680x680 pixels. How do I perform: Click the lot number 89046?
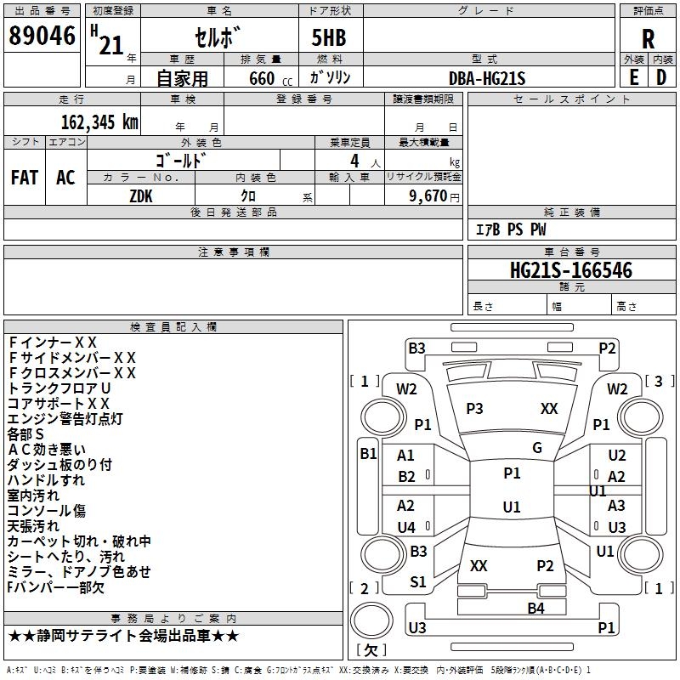pyautogui.click(x=42, y=36)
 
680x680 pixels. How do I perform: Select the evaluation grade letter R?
pyautogui.click(x=648, y=39)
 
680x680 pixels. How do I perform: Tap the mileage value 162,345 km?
pyautogui.click(x=99, y=122)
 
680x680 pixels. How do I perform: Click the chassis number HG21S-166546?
pyautogui.click(x=571, y=270)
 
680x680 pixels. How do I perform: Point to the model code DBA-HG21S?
pyautogui.click(x=487, y=78)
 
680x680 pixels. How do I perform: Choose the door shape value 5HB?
pyautogui.click(x=329, y=37)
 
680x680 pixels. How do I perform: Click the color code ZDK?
pyautogui.click(x=141, y=196)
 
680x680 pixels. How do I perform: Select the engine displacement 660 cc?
pyautogui.click(x=270, y=79)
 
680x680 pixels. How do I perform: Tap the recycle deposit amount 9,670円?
pyautogui.click(x=434, y=196)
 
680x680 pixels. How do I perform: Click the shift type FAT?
pyautogui.click(x=25, y=178)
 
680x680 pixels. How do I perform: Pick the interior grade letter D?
pyautogui.click(x=661, y=77)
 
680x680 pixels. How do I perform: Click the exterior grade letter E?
pyautogui.click(x=634, y=77)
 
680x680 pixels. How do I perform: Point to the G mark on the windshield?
pyautogui.click(x=537, y=448)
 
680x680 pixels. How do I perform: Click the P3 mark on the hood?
pyautogui.click(x=474, y=409)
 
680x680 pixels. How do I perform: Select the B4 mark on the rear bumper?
pyautogui.click(x=535, y=609)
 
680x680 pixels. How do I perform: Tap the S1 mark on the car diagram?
pyautogui.click(x=418, y=582)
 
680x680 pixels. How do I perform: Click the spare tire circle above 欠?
pyautogui.click(x=371, y=620)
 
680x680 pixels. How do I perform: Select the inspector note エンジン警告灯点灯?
pyautogui.click(x=65, y=419)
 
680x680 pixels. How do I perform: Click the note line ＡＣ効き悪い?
pyautogui.click(x=47, y=450)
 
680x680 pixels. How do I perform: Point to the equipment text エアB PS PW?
pyautogui.click(x=511, y=229)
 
